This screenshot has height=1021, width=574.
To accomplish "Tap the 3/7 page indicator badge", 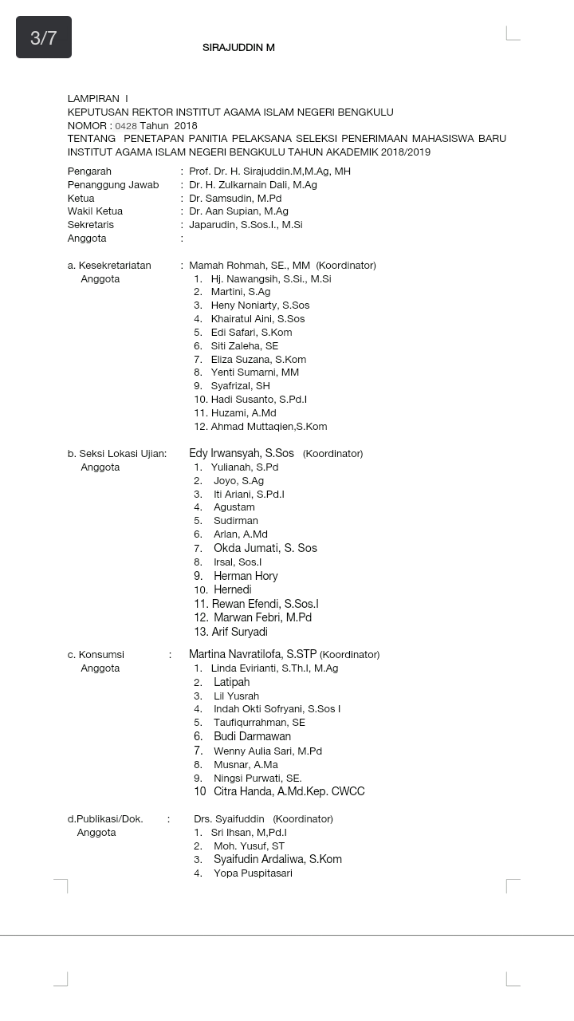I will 44,37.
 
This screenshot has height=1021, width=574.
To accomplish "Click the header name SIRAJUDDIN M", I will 238,48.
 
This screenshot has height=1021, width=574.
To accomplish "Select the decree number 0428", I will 126,126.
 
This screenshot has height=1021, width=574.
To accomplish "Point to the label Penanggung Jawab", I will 113,185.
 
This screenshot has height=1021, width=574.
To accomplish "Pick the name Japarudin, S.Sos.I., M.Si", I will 246,225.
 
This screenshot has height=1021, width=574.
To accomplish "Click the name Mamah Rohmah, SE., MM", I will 250,266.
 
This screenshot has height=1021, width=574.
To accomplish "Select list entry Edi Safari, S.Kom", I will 251,333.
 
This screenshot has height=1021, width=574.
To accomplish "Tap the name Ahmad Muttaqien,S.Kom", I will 269,427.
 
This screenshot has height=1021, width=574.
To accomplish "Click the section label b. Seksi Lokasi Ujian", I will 117,454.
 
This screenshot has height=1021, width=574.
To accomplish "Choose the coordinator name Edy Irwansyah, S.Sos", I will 242,453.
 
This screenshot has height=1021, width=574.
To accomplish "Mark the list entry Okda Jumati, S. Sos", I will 265,548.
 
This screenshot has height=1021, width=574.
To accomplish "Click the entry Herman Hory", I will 246,576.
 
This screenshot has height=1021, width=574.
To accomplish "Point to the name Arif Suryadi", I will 239,632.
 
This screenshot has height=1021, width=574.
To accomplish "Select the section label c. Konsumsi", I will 96,655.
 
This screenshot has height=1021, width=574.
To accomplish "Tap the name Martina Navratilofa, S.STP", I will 253,654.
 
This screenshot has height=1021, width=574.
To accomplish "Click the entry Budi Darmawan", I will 252,736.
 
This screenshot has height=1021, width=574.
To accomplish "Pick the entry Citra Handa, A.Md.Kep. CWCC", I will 289,791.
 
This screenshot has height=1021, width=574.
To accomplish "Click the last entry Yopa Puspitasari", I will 253,873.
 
